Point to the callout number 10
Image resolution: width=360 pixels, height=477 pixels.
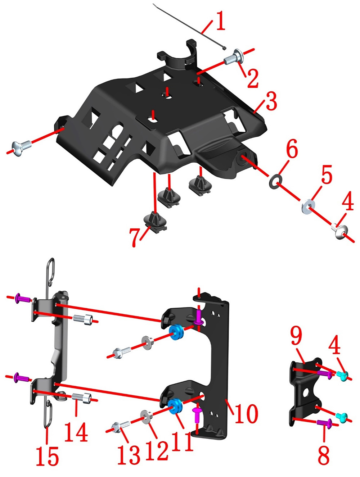point(246,414)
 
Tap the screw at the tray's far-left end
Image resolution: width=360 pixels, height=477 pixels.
point(21,148)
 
